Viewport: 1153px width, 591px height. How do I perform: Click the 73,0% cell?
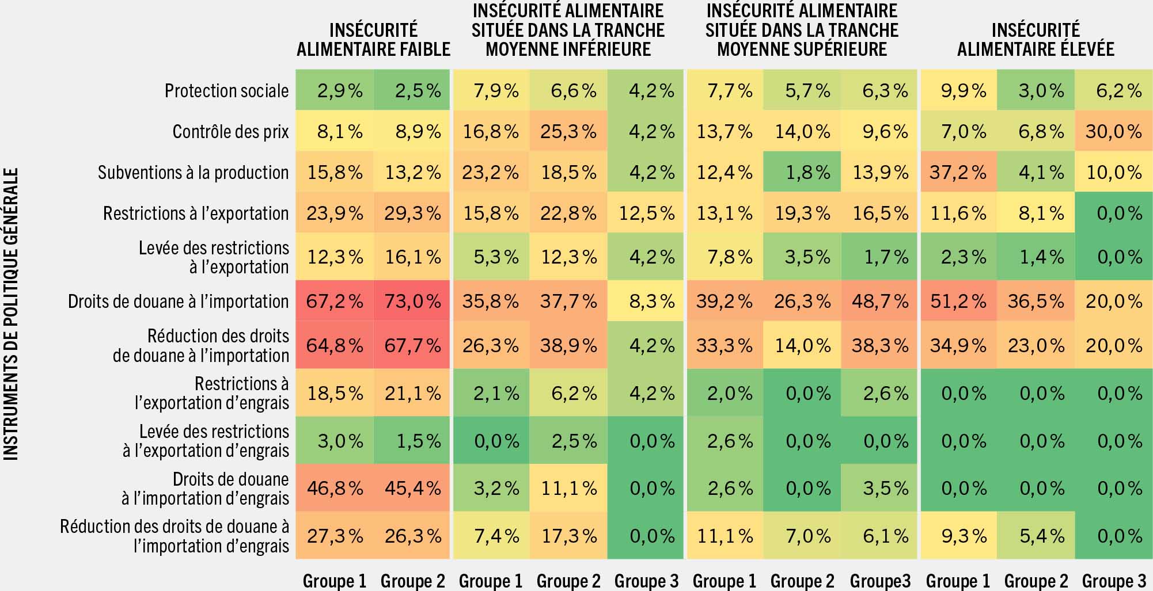point(412,302)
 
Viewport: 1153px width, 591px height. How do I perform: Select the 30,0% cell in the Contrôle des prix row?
point(1113,132)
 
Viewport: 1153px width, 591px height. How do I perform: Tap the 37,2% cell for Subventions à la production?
point(958,173)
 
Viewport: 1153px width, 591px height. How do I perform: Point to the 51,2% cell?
point(958,302)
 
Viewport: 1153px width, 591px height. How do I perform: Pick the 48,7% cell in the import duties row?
point(879,302)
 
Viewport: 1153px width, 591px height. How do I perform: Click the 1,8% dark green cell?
point(802,173)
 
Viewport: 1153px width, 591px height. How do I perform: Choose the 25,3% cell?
point(568,132)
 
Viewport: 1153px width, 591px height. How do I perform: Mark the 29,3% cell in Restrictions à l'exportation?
point(412,213)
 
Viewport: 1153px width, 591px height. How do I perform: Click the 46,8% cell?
point(335,489)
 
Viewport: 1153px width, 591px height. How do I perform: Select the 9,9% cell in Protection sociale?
point(958,91)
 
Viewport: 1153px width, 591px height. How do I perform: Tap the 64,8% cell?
point(335,346)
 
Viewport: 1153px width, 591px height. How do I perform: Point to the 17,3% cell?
point(568,536)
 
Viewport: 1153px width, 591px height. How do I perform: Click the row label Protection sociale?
point(226,91)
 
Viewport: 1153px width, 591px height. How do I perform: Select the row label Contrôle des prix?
point(230,132)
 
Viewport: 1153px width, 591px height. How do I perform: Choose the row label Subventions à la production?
point(193,173)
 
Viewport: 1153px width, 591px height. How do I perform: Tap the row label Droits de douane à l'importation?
point(178,302)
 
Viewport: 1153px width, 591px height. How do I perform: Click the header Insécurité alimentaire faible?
point(373,40)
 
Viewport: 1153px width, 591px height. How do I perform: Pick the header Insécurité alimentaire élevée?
point(1036,40)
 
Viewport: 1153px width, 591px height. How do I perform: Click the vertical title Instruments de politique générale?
point(12,314)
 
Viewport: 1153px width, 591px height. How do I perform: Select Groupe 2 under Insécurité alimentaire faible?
point(412,581)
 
